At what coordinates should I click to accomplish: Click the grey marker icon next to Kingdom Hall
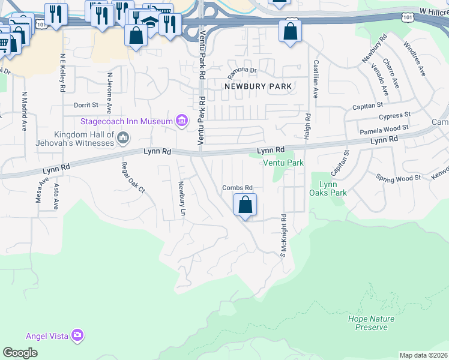click(x=124, y=139)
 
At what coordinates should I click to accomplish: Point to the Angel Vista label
click(x=47, y=335)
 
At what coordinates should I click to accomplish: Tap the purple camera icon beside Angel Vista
click(x=77, y=335)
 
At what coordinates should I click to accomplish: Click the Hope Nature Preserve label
click(x=367, y=322)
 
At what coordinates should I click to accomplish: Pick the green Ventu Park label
click(x=283, y=163)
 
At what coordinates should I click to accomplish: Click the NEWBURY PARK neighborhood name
click(x=258, y=86)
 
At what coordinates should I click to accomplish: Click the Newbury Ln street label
click(x=180, y=200)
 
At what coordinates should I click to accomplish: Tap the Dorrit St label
click(x=86, y=105)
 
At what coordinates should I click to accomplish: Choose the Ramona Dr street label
click(x=242, y=70)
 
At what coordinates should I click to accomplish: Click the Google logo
click(x=20, y=353)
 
